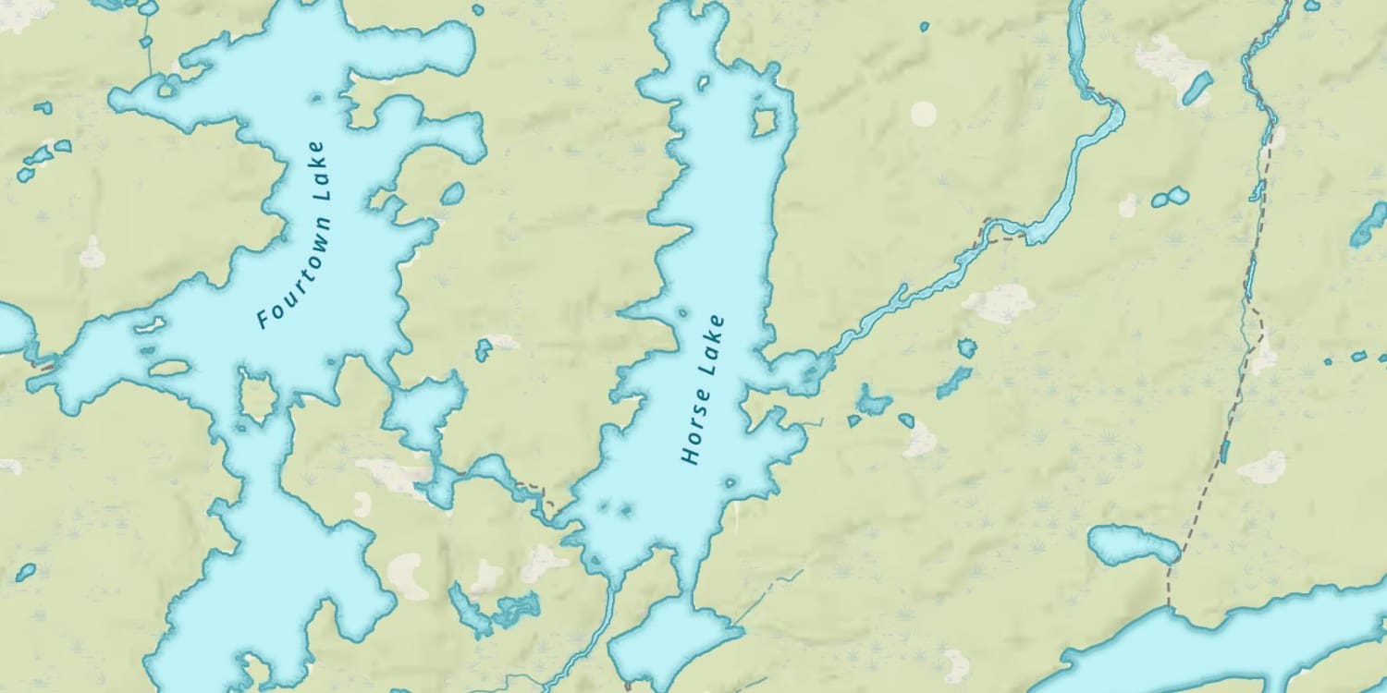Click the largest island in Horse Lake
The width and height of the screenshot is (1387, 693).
pos(764,122)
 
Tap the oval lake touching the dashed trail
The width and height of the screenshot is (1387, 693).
pos(1132,545)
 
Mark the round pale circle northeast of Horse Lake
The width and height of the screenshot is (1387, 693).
pos(923,114)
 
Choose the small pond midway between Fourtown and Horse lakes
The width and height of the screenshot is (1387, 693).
pos(483,349)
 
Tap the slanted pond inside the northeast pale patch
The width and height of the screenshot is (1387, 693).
pos(1197,87)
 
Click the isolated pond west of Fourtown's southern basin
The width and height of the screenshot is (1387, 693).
pos(25,572)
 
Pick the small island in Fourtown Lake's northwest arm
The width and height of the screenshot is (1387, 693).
pos(168,89)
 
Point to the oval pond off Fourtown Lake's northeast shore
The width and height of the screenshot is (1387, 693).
pos(452,194)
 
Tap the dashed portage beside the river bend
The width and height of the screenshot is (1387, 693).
pos(1004,229)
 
